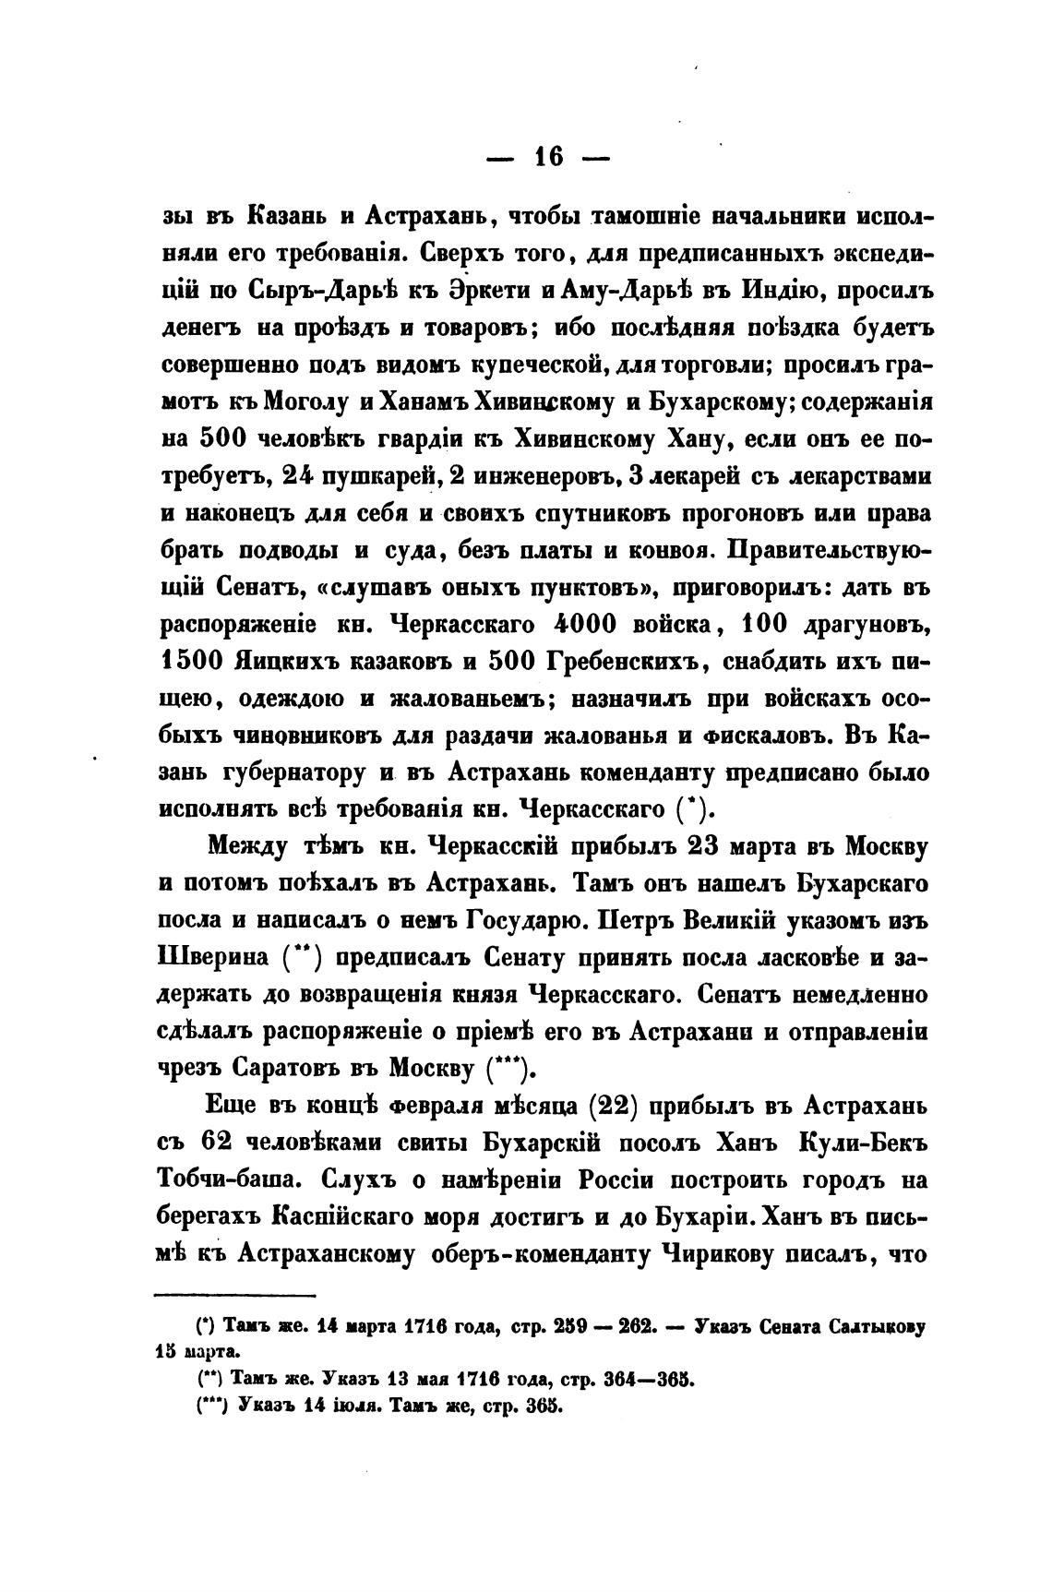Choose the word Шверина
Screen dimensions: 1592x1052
216,957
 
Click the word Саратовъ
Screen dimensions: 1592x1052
278,1068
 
